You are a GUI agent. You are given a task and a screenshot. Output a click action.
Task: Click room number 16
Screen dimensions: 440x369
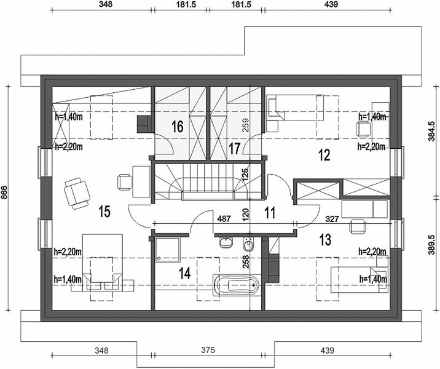click(x=178, y=126)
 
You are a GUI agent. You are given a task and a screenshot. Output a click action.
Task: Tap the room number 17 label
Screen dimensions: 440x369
click(x=234, y=148)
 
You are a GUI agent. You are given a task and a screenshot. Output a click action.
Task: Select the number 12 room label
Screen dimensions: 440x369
click(x=324, y=155)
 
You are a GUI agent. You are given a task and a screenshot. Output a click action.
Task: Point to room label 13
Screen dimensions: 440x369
click(x=325, y=239)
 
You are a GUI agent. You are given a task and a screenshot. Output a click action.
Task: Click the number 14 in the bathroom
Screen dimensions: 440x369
click(x=184, y=273)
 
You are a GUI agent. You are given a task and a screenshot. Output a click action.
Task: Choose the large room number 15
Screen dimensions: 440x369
click(x=104, y=212)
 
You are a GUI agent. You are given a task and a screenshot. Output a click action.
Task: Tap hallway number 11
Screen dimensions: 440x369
click(x=270, y=213)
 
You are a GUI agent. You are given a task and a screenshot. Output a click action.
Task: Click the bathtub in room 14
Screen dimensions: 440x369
click(x=237, y=285)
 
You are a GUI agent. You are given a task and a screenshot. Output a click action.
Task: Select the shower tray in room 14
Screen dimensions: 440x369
click(x=167, y=250)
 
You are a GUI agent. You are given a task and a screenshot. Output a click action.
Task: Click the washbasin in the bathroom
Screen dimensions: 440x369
click(x=226, y=242)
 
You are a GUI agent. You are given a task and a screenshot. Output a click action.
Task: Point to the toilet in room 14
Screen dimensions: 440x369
click(x=249, y=244)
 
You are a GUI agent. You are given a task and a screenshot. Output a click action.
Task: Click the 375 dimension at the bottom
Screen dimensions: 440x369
click(x=208, y=350)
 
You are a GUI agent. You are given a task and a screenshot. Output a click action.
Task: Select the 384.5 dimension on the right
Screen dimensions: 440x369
click(x=431, y=131)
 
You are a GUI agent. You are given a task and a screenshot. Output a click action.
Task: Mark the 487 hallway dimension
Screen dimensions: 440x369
click(x=224, y=218)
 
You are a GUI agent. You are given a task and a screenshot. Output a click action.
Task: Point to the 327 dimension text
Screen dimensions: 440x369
click(x=332, y=219)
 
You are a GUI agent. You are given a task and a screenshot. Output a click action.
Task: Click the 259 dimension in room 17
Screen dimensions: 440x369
click(x=245, y=125)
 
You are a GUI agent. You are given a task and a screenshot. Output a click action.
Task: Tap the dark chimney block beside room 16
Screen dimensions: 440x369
click(x=144, y=124)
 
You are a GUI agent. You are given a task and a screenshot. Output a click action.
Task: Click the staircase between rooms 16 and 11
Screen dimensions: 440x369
click(x=208, y=182)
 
